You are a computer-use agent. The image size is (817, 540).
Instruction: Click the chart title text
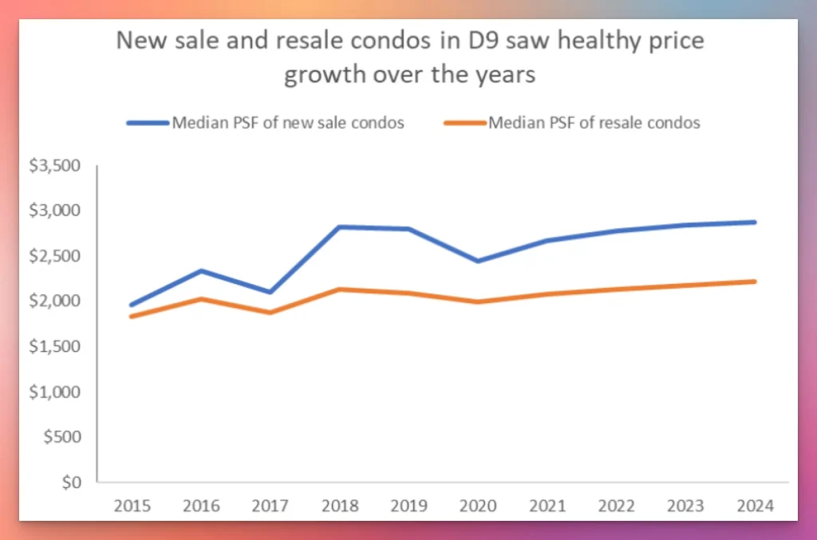pyautogui.click(x=410, y=57)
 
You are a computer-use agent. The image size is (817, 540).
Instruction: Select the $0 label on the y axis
pyautogui.click(x=72, y=483)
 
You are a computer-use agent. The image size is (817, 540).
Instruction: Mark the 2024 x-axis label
pyautogui.click(x=753, y=506)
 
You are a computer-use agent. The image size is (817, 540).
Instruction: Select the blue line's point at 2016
pyautogui.click(x=201, y=270)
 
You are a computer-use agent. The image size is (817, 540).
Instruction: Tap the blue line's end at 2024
pyautogui.click(x=753, y=222)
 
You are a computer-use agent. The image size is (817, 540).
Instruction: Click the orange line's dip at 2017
pyautogui.click(x=271, y=313)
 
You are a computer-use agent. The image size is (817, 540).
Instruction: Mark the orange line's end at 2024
pyautogui.click(x=753, y=281)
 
